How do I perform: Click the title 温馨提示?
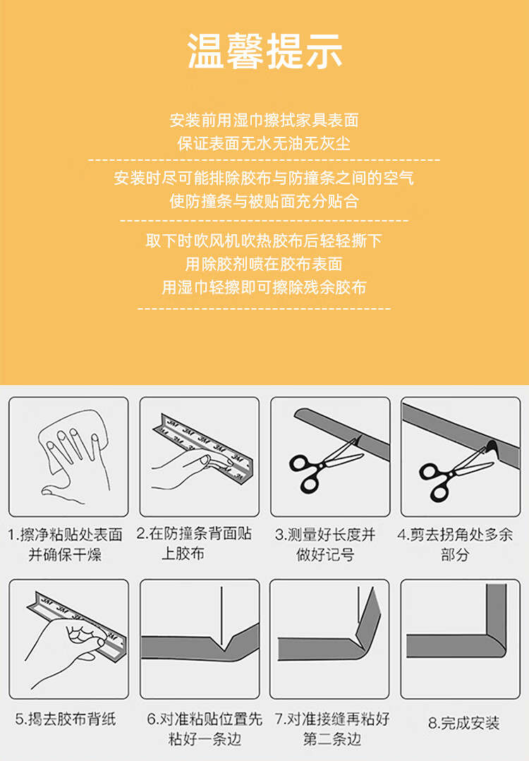(x=264, y=51)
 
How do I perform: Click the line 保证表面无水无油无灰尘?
(x=264, y=143)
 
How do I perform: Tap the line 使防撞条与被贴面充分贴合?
(x=264, y=201)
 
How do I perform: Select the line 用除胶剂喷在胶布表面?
(x=264, y=264)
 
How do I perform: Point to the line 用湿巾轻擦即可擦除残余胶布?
(x=264, y=287)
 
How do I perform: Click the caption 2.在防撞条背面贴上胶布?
(x=194, y=544)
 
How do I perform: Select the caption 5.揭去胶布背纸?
(x=66, y=719)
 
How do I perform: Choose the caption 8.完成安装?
(x=464, y=723)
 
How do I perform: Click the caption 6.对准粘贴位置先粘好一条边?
(x=205, y=729)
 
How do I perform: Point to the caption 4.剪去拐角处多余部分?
(x=455, y=544)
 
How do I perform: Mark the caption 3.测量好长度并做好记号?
(x=325, y=544)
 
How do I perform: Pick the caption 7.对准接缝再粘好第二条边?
(x=332, y=729)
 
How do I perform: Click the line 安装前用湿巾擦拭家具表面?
(x=264, y=120)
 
